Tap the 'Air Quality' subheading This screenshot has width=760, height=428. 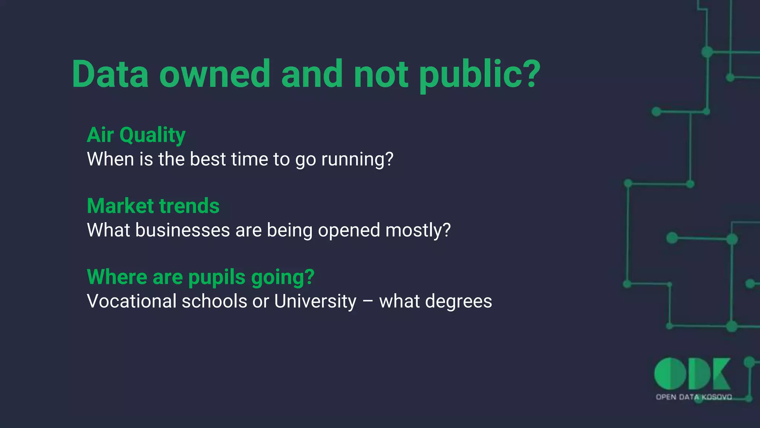(x=136, y=135)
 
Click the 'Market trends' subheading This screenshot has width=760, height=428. (x=153, y=206)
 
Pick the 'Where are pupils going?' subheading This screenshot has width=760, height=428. (x=200, y=277)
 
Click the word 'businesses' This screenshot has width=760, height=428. (x=183, y=230)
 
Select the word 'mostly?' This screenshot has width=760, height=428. (x=418, y=230)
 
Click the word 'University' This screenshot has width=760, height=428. (x=315, y=301)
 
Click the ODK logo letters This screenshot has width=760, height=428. (x=692, y=374)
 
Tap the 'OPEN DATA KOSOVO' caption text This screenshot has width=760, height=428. (x=694, y=397)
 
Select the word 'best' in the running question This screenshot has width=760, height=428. (x=208, y=159)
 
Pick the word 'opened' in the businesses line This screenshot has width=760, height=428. (x=349, y=230)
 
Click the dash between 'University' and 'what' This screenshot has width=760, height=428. (x=368, y=302)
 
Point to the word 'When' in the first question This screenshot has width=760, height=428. (x=110, y=159)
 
